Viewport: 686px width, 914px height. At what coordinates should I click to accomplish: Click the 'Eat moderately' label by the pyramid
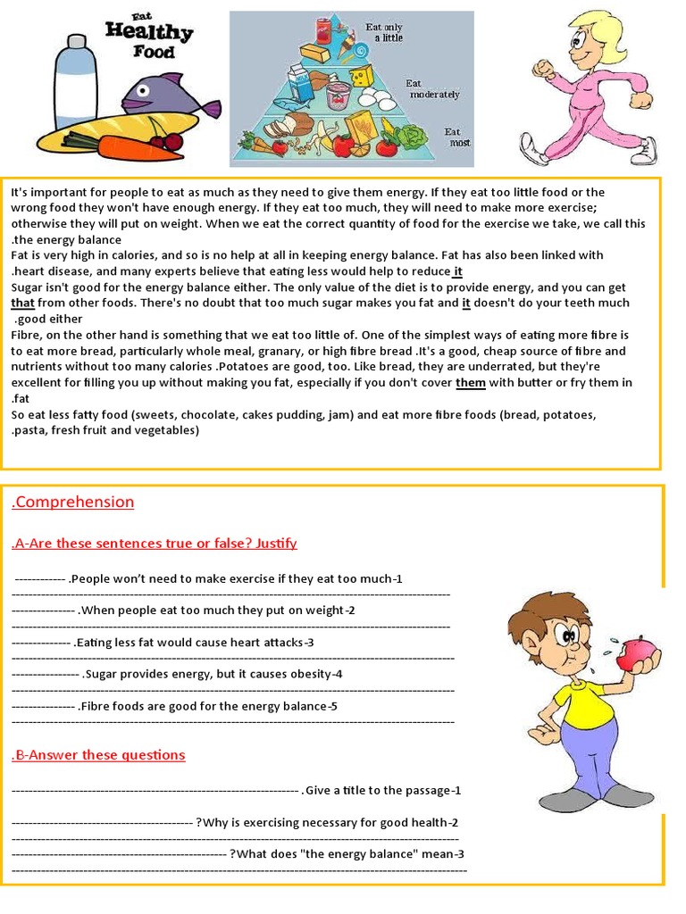pyautogui.click(x=433, y=88)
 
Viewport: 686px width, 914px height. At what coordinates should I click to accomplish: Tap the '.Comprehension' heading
pyautogui.click(x=73, y=502)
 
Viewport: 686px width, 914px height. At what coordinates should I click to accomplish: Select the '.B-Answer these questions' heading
pyautogui.click(x=98, y=754)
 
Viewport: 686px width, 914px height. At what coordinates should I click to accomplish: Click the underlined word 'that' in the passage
pyautogui.click(x=22, y=303)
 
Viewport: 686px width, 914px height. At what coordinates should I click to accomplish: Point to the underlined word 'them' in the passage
pyautogui.click(x=471, y=383)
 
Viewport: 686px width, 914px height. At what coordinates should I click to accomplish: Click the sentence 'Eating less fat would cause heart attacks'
pyautogui.click(x=193, y=642)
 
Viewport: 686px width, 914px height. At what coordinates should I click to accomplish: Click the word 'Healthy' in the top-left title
pyautogui.click(x=148, y=32)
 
